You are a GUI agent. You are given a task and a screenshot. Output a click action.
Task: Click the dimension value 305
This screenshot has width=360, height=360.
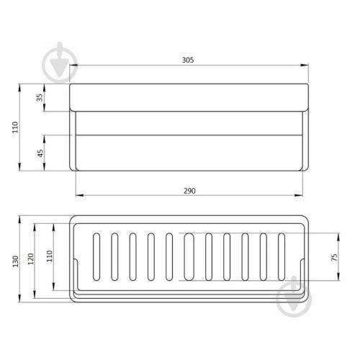(x=188, y=60)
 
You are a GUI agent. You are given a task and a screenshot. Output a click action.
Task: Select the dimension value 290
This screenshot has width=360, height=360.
(x=189, y=191)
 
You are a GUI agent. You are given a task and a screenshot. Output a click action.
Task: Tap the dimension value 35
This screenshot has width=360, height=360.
(x=40, y=97)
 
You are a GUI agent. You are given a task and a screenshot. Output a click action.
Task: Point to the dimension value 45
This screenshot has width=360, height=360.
(x=40, y=153)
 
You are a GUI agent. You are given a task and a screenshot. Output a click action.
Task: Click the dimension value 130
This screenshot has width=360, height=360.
(x=15, y=261)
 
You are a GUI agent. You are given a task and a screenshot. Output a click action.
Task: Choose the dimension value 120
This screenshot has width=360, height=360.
(x=31, y=258)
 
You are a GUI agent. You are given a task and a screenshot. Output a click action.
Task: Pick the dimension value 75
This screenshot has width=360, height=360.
(x=334, y=257)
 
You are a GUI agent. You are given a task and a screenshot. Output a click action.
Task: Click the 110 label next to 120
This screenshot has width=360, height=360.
(x=50, y=256)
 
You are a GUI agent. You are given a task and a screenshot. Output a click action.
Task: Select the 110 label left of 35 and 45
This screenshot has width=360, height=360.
(x=15, y=127)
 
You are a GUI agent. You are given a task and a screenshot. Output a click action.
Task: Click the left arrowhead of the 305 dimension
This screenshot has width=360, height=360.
(x=73, y=65)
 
